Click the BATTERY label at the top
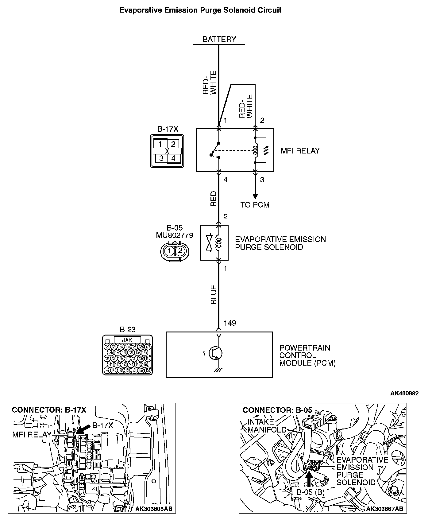tap(219, 39)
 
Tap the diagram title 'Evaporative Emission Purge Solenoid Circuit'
tap(200, 10)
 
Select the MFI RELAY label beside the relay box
tap(300, 151)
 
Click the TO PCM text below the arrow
tap(255, 205)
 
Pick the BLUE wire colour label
tap(214, 294)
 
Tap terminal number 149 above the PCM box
tap(230, 323)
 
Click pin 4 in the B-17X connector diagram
tap(173, 158)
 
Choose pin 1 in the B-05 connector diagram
tap(169, 251)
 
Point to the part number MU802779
tap(175, 235)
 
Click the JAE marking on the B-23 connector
tap(127, 340)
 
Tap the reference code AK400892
tap(404, 394)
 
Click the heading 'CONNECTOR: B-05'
tap(277, 410)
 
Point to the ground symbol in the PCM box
tap(218, 370)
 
